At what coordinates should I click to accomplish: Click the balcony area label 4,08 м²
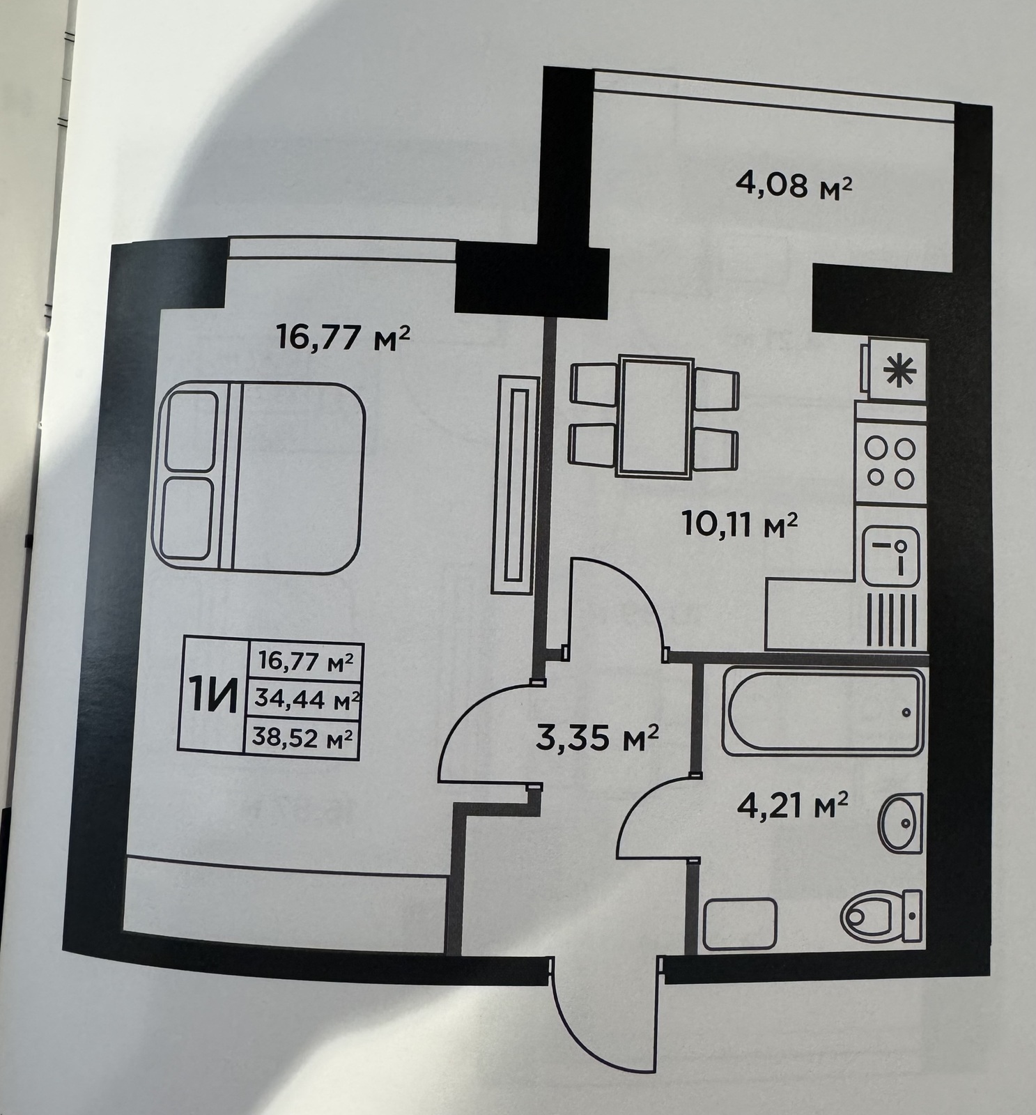coord(794,187)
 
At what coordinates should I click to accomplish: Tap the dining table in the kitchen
coord(654,417)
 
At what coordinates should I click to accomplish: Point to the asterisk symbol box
coord(897,370)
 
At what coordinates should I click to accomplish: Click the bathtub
coord(824,712)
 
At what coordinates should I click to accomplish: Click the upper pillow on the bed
coord(189,431)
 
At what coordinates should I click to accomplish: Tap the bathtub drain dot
coord(905,712)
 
